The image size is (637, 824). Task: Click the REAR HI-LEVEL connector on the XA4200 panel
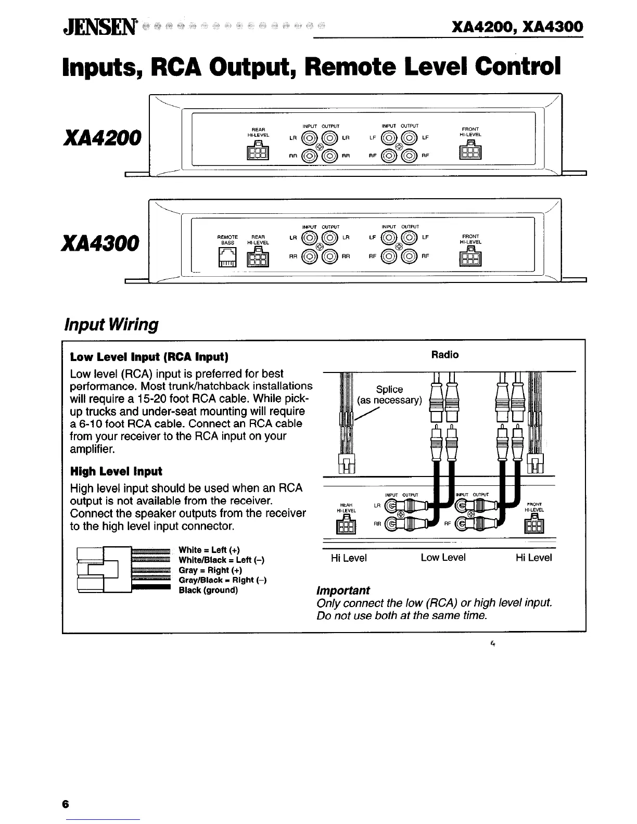point(258,151)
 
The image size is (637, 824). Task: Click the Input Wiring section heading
point(110,325)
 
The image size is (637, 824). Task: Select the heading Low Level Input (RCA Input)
point(149,357)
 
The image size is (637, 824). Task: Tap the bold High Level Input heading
point(116,471)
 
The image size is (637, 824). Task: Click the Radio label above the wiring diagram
point(445,355)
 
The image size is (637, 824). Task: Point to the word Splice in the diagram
point(389,389)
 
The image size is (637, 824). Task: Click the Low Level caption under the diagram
point(443,558)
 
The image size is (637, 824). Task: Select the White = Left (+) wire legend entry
point(209,550)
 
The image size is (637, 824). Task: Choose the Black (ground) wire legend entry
point(208,590)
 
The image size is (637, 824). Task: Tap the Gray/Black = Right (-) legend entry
point(222,580)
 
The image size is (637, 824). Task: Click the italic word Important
point(343,590)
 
